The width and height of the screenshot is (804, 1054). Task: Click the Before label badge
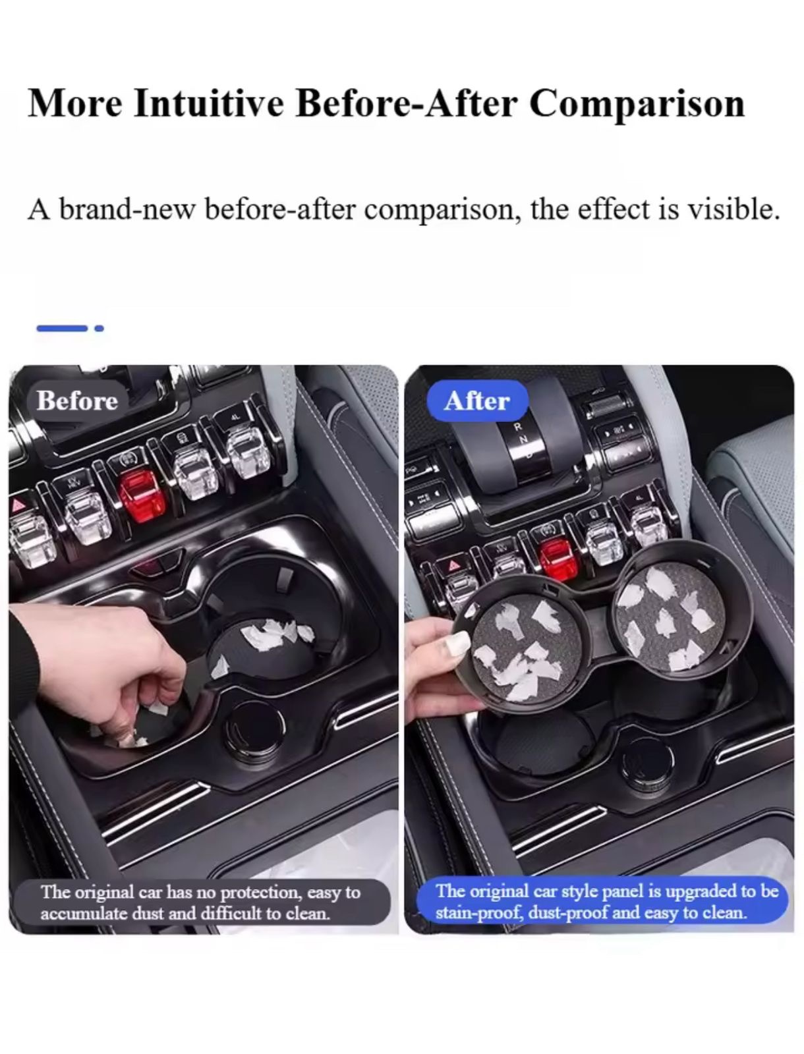click(77, 401)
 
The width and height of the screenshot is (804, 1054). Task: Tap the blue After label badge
click(477, 401)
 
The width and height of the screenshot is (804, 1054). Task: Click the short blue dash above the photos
click(62, 329)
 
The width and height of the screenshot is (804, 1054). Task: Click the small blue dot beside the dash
click(99, 329)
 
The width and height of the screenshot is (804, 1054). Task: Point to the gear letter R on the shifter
click(517, 426)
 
